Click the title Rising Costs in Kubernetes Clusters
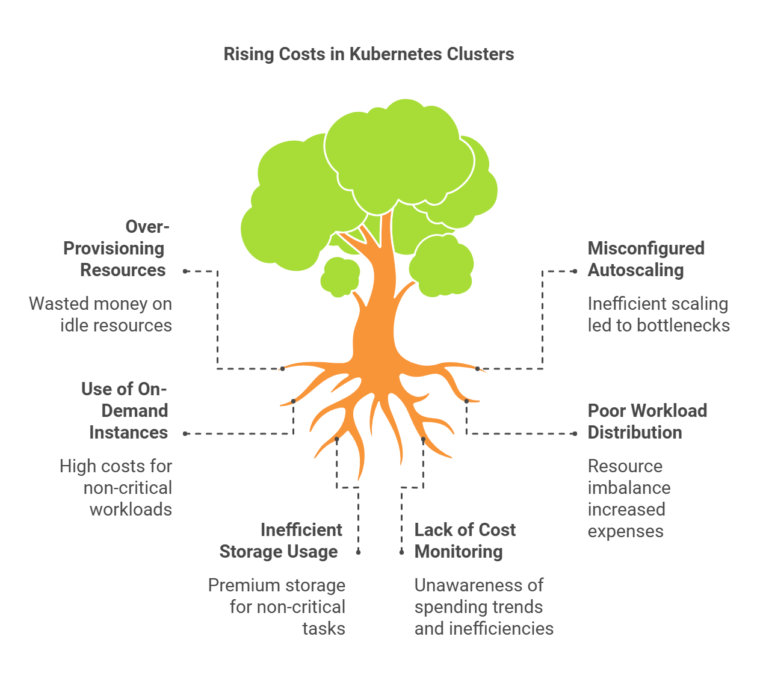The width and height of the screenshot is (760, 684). [x=368, y=54]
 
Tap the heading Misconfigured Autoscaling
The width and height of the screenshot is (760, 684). [x=645, y=259]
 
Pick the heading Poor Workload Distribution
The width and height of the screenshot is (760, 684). [x=646, y=422]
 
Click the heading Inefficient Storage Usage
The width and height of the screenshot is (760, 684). [x=280, y=541]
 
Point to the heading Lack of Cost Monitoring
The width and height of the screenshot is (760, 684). [x=465, y=541]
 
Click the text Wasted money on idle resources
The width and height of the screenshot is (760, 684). [x=101, y=315]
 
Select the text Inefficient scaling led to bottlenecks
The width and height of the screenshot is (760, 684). [x=658, y=315]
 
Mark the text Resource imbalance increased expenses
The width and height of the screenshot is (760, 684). [x=628, y=499]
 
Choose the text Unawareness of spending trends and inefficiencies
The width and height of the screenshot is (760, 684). [x=483, y=607]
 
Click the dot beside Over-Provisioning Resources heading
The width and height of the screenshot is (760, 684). [x=185, y=271]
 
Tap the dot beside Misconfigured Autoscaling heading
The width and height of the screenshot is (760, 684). [x=575, y=271]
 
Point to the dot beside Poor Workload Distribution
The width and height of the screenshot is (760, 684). [x=575, y=434]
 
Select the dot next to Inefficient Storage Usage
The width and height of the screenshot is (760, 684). [x=359, y=552]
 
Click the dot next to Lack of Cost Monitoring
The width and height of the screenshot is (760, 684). [x=402, y=552]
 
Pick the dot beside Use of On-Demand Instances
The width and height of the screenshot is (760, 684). [x=185, y=434]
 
